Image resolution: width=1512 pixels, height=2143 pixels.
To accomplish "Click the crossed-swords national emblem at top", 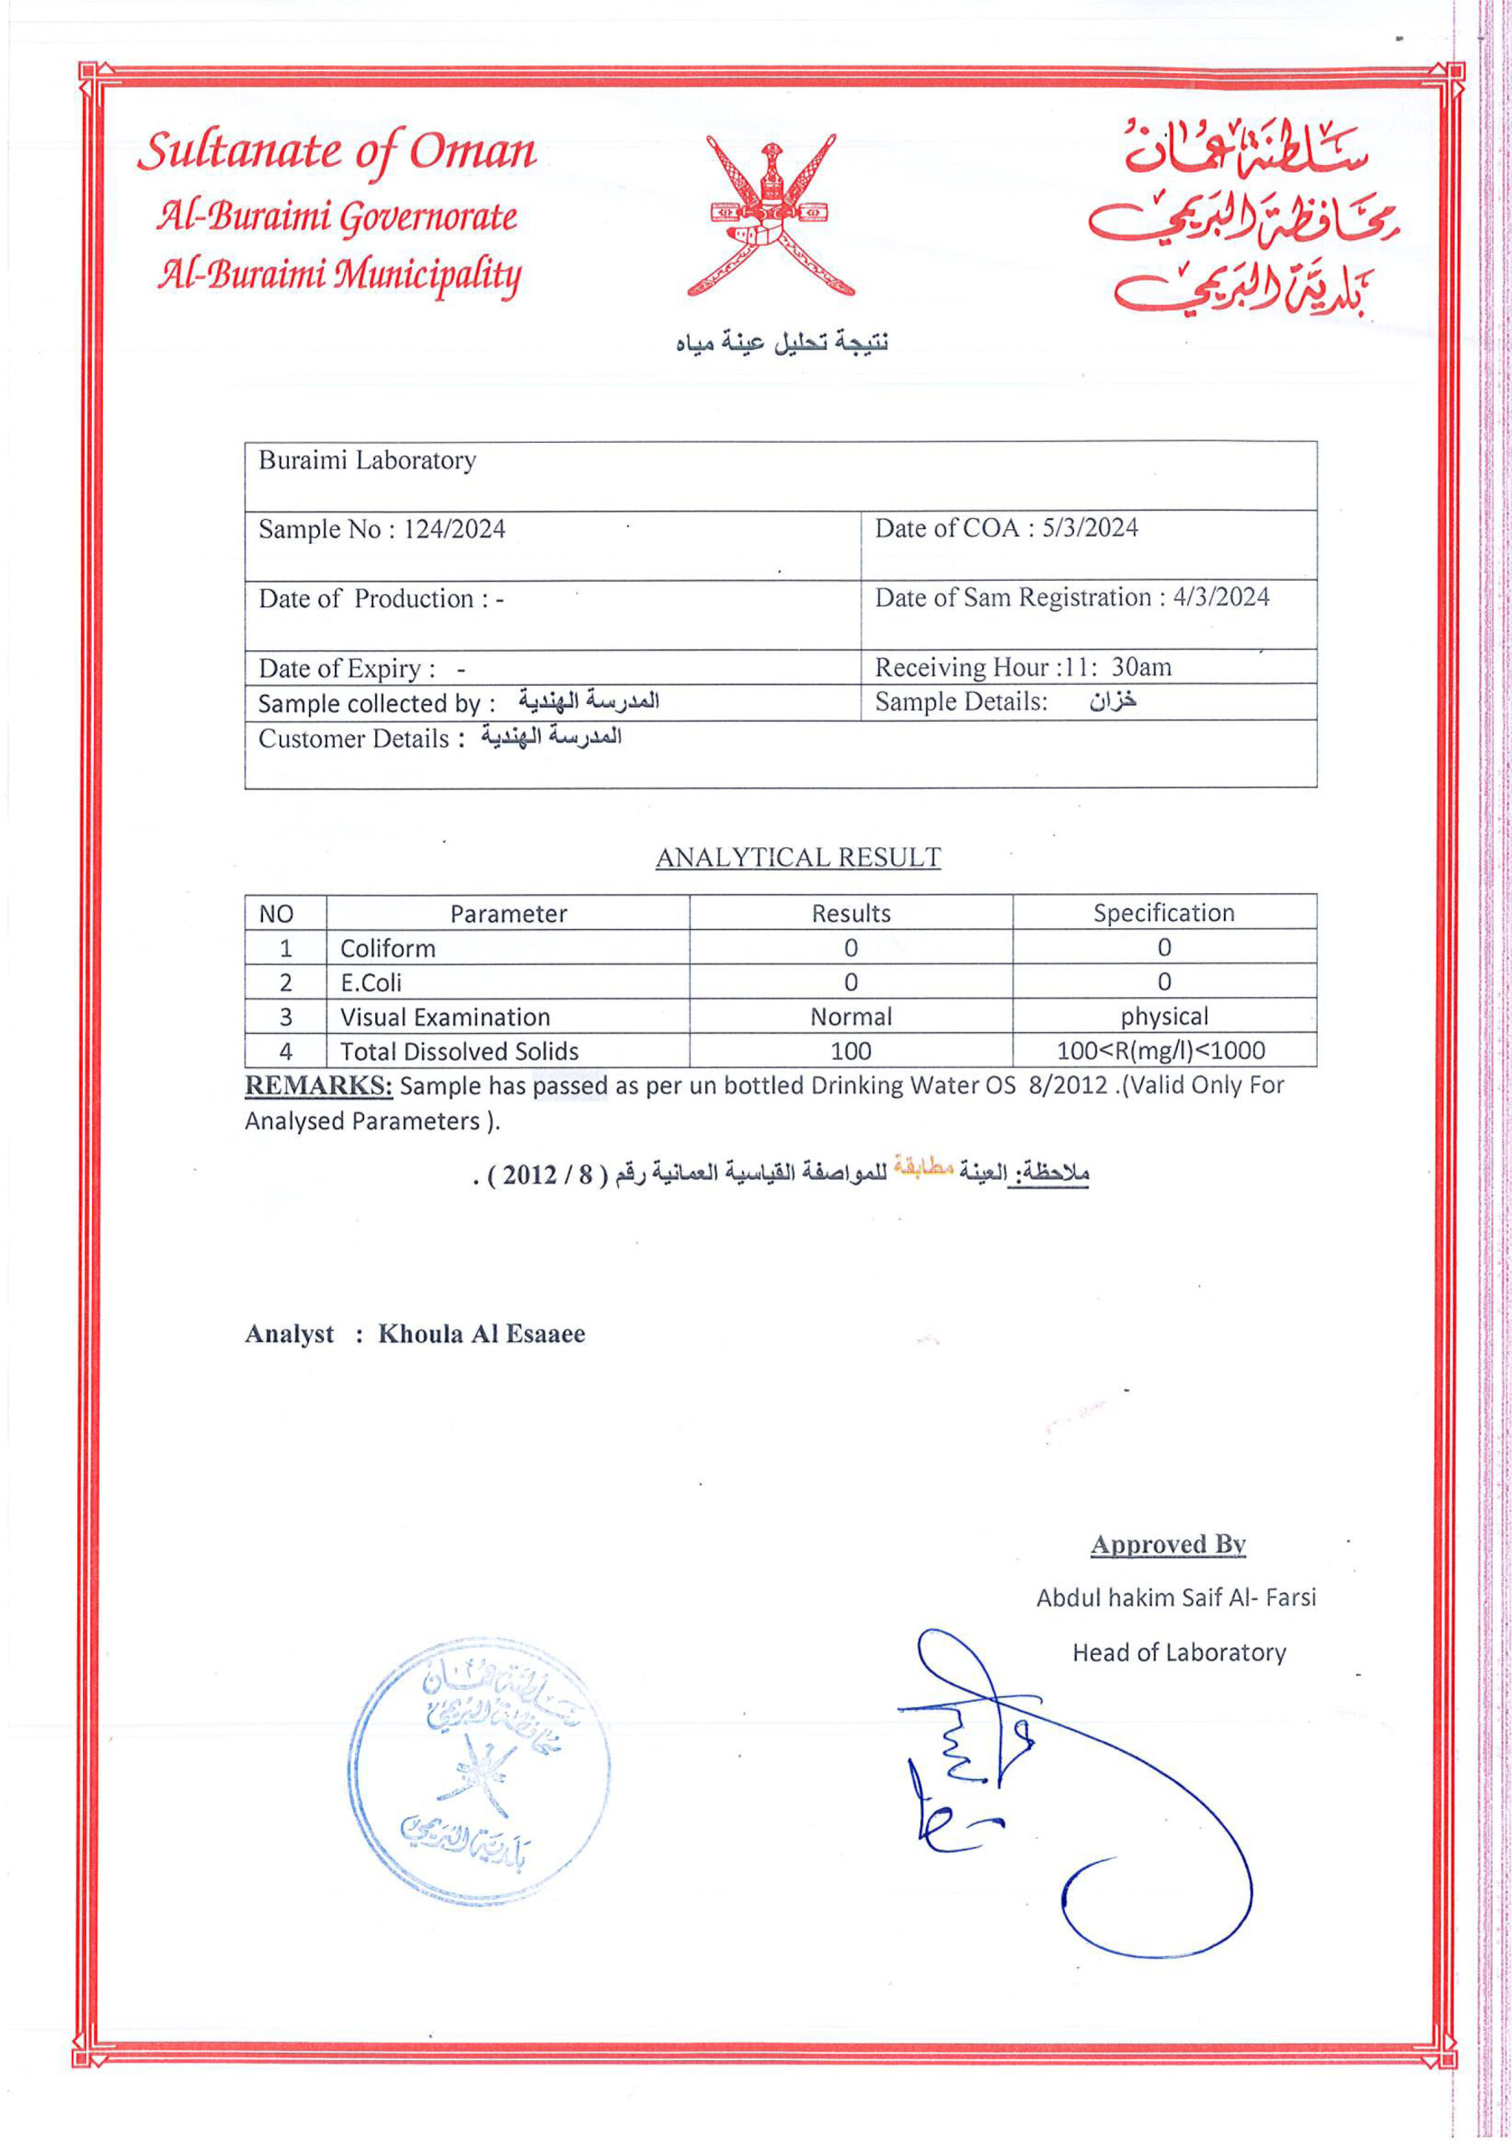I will (770, 217).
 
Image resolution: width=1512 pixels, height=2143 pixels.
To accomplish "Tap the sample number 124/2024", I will (454, 529).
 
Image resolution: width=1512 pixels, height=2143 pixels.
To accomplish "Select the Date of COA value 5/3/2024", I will (1089, 528).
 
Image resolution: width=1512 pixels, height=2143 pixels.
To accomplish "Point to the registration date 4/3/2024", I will (1220, 598).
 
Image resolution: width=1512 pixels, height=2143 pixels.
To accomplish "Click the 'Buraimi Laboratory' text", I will (367, 460).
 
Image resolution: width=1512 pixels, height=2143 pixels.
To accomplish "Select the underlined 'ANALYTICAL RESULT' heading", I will (798, 858).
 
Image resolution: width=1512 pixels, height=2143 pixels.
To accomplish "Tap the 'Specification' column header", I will (1163, 912).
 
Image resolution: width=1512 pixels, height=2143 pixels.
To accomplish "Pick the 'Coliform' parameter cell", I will (388, 948).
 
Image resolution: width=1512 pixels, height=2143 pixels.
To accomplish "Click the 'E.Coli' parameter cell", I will (371, 983).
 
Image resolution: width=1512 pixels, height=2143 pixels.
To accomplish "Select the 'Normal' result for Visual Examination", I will (851, 1016).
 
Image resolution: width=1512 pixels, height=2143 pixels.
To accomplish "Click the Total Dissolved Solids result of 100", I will (851, 1051).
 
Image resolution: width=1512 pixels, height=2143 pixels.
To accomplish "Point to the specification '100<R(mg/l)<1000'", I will (1161, 1050).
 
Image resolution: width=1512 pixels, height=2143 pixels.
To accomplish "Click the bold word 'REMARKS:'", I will (318, 1086).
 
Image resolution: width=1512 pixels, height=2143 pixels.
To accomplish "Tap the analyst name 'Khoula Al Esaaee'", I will (481, 1334).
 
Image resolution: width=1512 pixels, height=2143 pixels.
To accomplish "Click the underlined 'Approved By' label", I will (1168, 1544).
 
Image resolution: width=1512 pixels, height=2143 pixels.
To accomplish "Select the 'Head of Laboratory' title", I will (1179, 1653).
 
